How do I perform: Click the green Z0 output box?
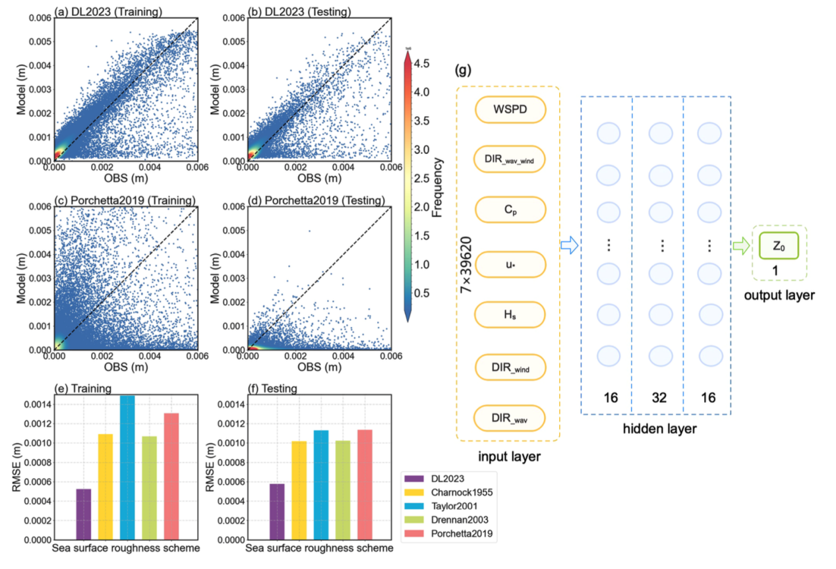click(x=779, y=245)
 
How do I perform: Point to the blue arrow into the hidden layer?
click(x=569, y=246)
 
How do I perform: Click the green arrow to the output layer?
click(x=740, y=246)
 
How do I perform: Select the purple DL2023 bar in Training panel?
click(x=84, y=514)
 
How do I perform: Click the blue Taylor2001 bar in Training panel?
click(x=127, y=467)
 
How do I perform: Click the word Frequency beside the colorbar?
click(x=438, y=187)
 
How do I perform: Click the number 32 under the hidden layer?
click(x=658, y=398)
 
